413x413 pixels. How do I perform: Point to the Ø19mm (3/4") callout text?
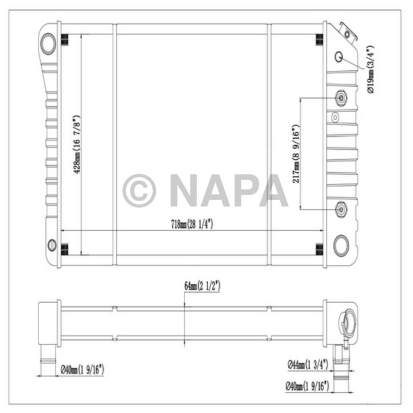click(371, 69)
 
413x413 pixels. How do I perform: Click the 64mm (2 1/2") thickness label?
click(202, 286)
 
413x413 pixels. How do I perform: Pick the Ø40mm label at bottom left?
click(83, 370)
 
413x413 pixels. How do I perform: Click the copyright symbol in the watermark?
click(139, 190)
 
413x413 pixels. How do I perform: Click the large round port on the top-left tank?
click(49, 42)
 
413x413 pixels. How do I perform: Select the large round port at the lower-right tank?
click(342, 245)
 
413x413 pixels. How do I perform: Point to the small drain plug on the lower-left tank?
click(51, 245)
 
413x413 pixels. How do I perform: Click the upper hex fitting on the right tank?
click(341, 98)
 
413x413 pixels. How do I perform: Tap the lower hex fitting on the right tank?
click(341, 208)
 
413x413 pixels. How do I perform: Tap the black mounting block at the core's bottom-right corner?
click(319, 248)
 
